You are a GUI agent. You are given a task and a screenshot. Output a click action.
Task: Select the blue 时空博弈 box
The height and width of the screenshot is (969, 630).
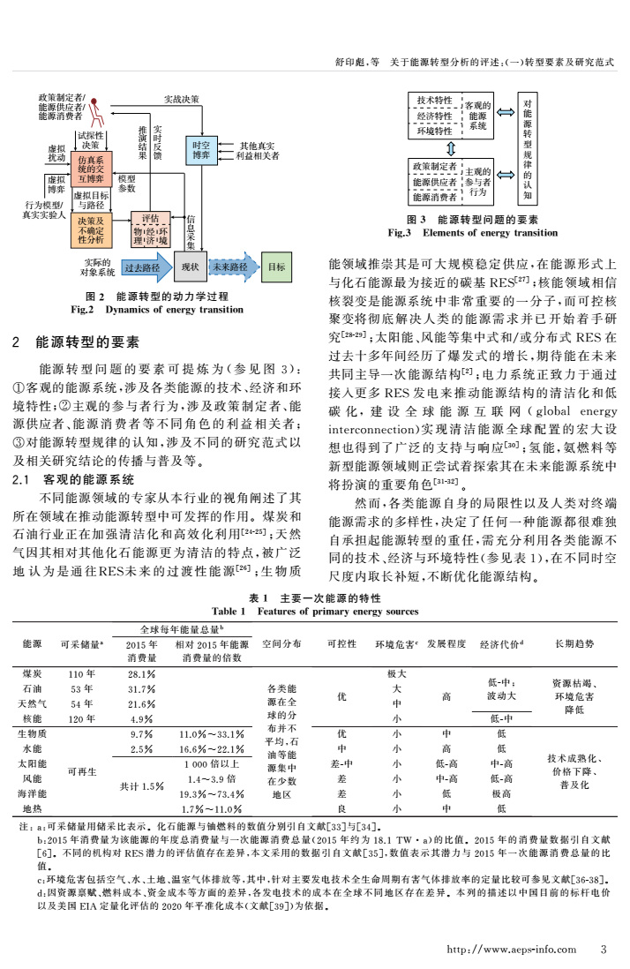200,150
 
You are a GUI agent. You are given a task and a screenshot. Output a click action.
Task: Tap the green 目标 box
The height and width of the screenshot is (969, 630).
276,266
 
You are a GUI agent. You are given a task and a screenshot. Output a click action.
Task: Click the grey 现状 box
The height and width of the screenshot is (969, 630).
190,266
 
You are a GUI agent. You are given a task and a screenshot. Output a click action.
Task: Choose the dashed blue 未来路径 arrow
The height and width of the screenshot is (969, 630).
231,266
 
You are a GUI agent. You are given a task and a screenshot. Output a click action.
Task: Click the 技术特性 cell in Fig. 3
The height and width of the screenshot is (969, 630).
434,101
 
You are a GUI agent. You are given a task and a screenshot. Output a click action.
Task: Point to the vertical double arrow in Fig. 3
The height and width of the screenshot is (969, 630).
448,146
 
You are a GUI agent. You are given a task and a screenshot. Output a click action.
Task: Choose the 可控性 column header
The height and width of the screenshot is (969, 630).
341,643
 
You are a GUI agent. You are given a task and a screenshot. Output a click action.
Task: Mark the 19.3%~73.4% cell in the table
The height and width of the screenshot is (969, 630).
213,793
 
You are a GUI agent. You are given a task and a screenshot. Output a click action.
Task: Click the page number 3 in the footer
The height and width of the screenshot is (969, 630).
603,950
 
